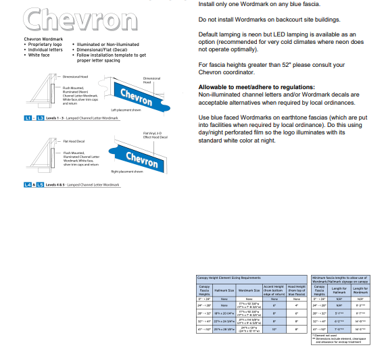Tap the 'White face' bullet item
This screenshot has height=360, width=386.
pos(40,54)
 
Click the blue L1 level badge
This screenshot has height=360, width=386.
pos(28,118)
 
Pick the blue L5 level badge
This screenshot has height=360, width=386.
pos(40,184)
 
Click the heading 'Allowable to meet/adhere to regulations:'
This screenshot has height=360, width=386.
pos(256,87)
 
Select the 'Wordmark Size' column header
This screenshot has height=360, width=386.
pos(249,291)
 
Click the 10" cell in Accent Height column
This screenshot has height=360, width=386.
pos(274,330)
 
